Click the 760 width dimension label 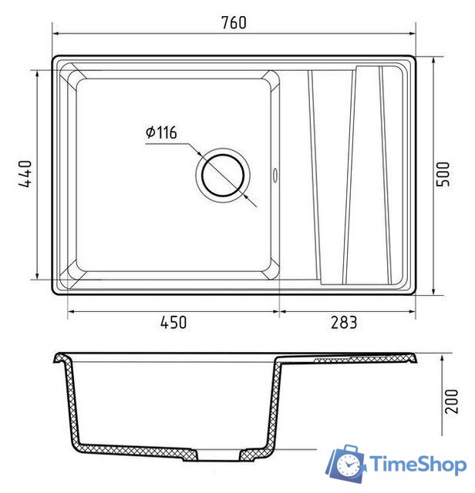click(234, 22)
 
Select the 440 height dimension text click(25, 173)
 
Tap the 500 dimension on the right click(443, 174)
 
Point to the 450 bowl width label click(173, 323)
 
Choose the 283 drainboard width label click(344, 323)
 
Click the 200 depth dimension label click(451, 401)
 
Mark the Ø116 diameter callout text click(161, 132)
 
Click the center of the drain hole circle click(223, 176)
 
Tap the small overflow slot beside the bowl click(275, 175)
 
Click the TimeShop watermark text click(418, 464)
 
